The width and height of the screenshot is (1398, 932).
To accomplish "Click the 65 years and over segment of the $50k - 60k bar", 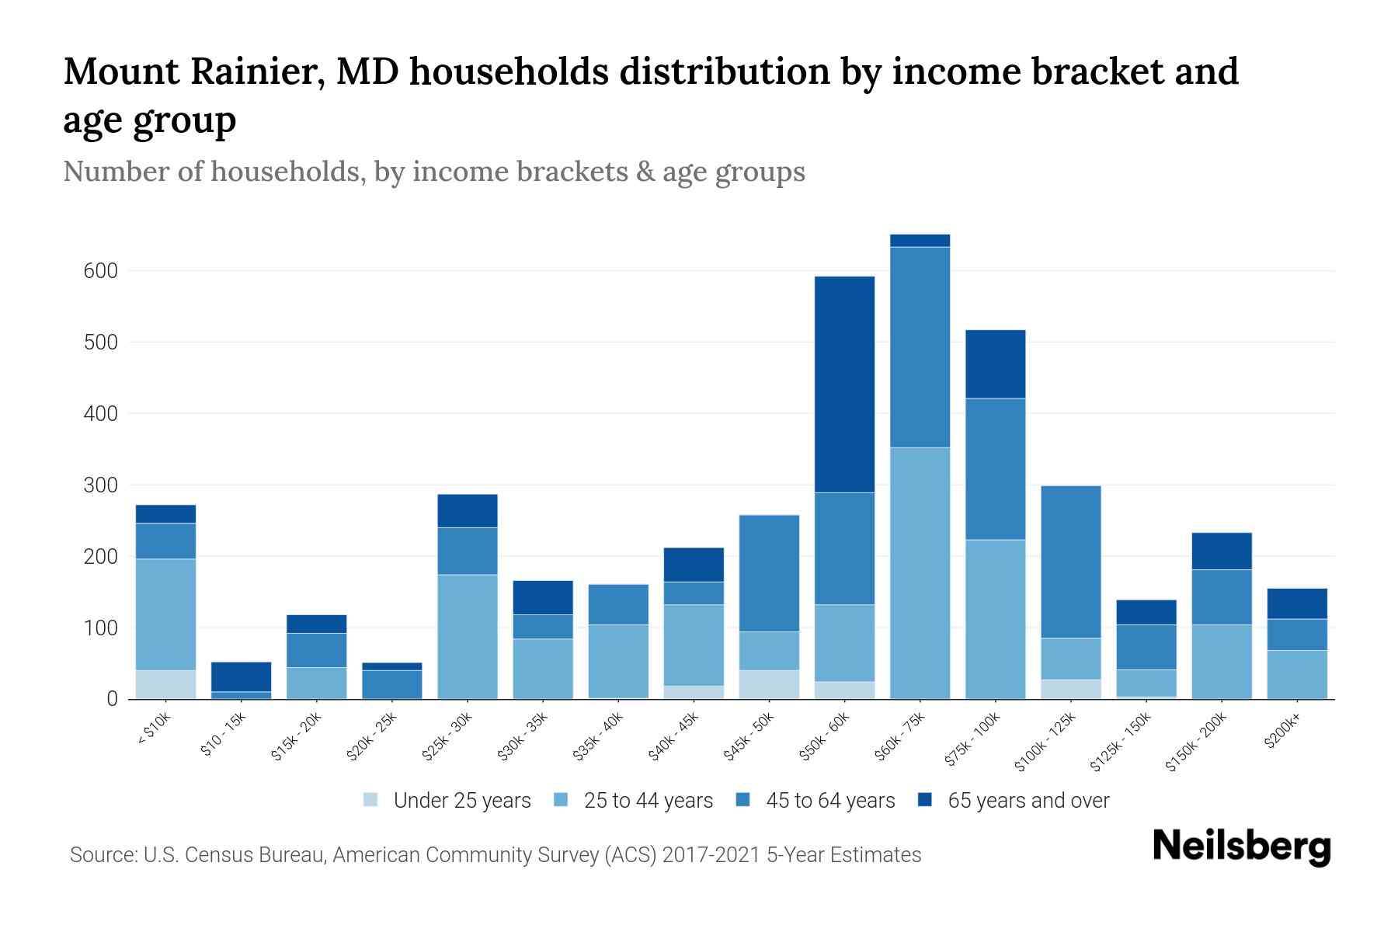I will [x=844, y=384].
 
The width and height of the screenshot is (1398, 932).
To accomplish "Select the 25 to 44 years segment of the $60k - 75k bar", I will [x=920, y=573].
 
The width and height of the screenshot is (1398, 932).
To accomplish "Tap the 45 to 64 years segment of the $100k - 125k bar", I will [x=1071, y=562].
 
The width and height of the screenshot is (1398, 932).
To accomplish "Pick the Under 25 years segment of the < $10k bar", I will [x=165, y=684].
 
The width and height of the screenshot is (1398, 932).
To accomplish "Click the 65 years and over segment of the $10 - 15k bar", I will [x=241, y=676].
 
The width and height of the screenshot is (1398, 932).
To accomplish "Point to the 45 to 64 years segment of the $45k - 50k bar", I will [x=769, y=573].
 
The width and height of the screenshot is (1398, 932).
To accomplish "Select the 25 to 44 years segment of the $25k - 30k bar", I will [x=467, y=637].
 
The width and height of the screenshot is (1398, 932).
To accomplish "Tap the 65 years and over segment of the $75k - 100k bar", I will [x=995, y=364].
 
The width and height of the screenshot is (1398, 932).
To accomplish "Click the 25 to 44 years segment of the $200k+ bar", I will [x=1297, y=674].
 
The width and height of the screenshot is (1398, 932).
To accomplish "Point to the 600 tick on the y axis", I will [x=100, y=271].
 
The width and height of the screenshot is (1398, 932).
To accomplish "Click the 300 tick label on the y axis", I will [x=100, y=485].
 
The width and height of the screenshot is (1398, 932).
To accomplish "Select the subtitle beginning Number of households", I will [x=433, y=172].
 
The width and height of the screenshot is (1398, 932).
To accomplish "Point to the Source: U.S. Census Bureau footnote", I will [x=495, y=855].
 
